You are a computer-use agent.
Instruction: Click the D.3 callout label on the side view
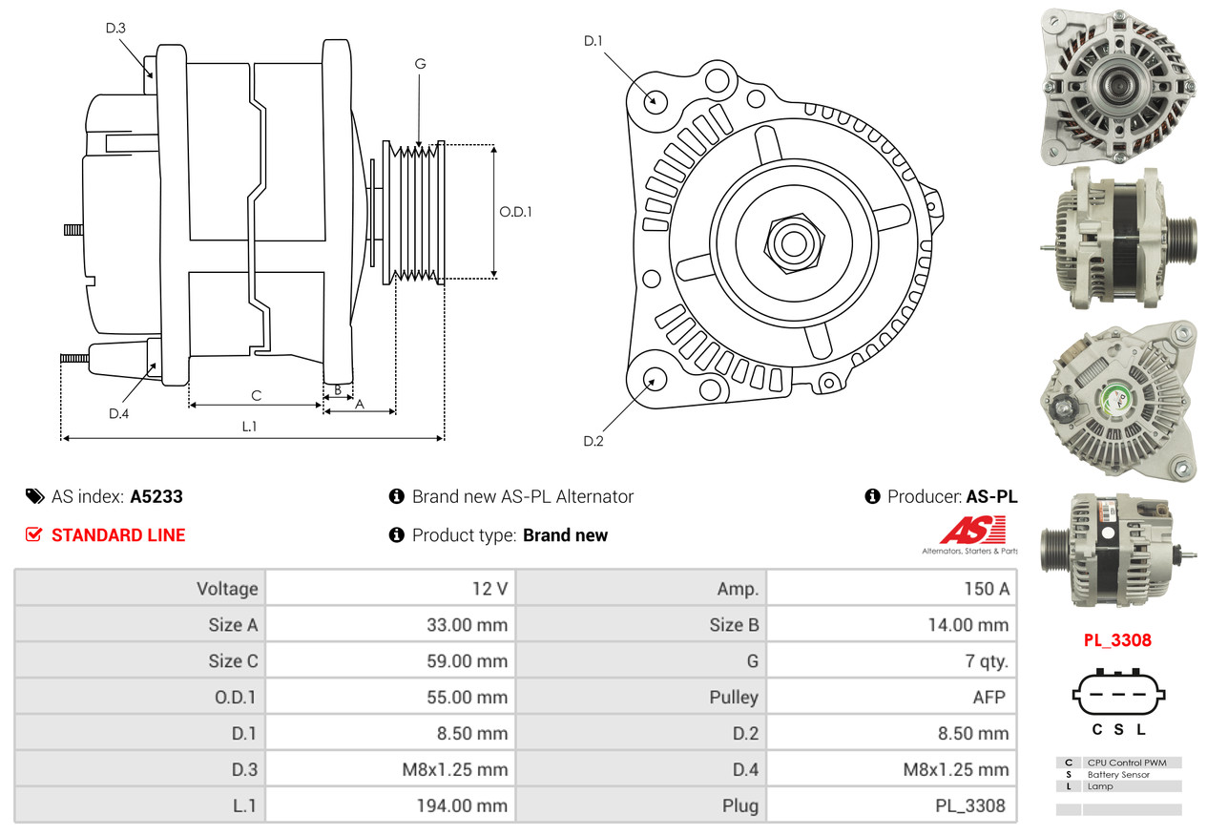115,29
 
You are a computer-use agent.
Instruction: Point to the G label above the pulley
420,64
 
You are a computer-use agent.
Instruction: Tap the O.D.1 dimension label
515,212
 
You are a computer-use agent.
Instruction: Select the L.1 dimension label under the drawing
249,427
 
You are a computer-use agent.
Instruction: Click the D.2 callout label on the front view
593,441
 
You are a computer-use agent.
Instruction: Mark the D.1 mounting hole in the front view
655,99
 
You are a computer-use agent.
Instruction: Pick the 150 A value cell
986,589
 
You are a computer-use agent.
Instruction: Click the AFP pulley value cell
988,697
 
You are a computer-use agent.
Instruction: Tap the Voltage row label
227,589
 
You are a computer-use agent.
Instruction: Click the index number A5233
156,496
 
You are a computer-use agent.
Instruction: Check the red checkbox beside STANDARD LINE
34,535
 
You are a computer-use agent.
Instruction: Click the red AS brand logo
971,531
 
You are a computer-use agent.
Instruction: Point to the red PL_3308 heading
1116,639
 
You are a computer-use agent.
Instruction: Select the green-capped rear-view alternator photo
1117,401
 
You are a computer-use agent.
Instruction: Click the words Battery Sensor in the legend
1117,775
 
